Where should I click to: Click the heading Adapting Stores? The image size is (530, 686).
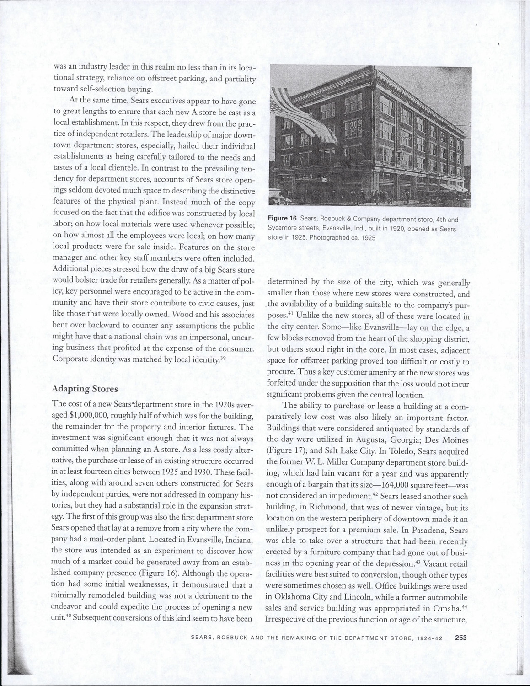85,389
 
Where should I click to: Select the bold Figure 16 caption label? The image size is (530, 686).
283,219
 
